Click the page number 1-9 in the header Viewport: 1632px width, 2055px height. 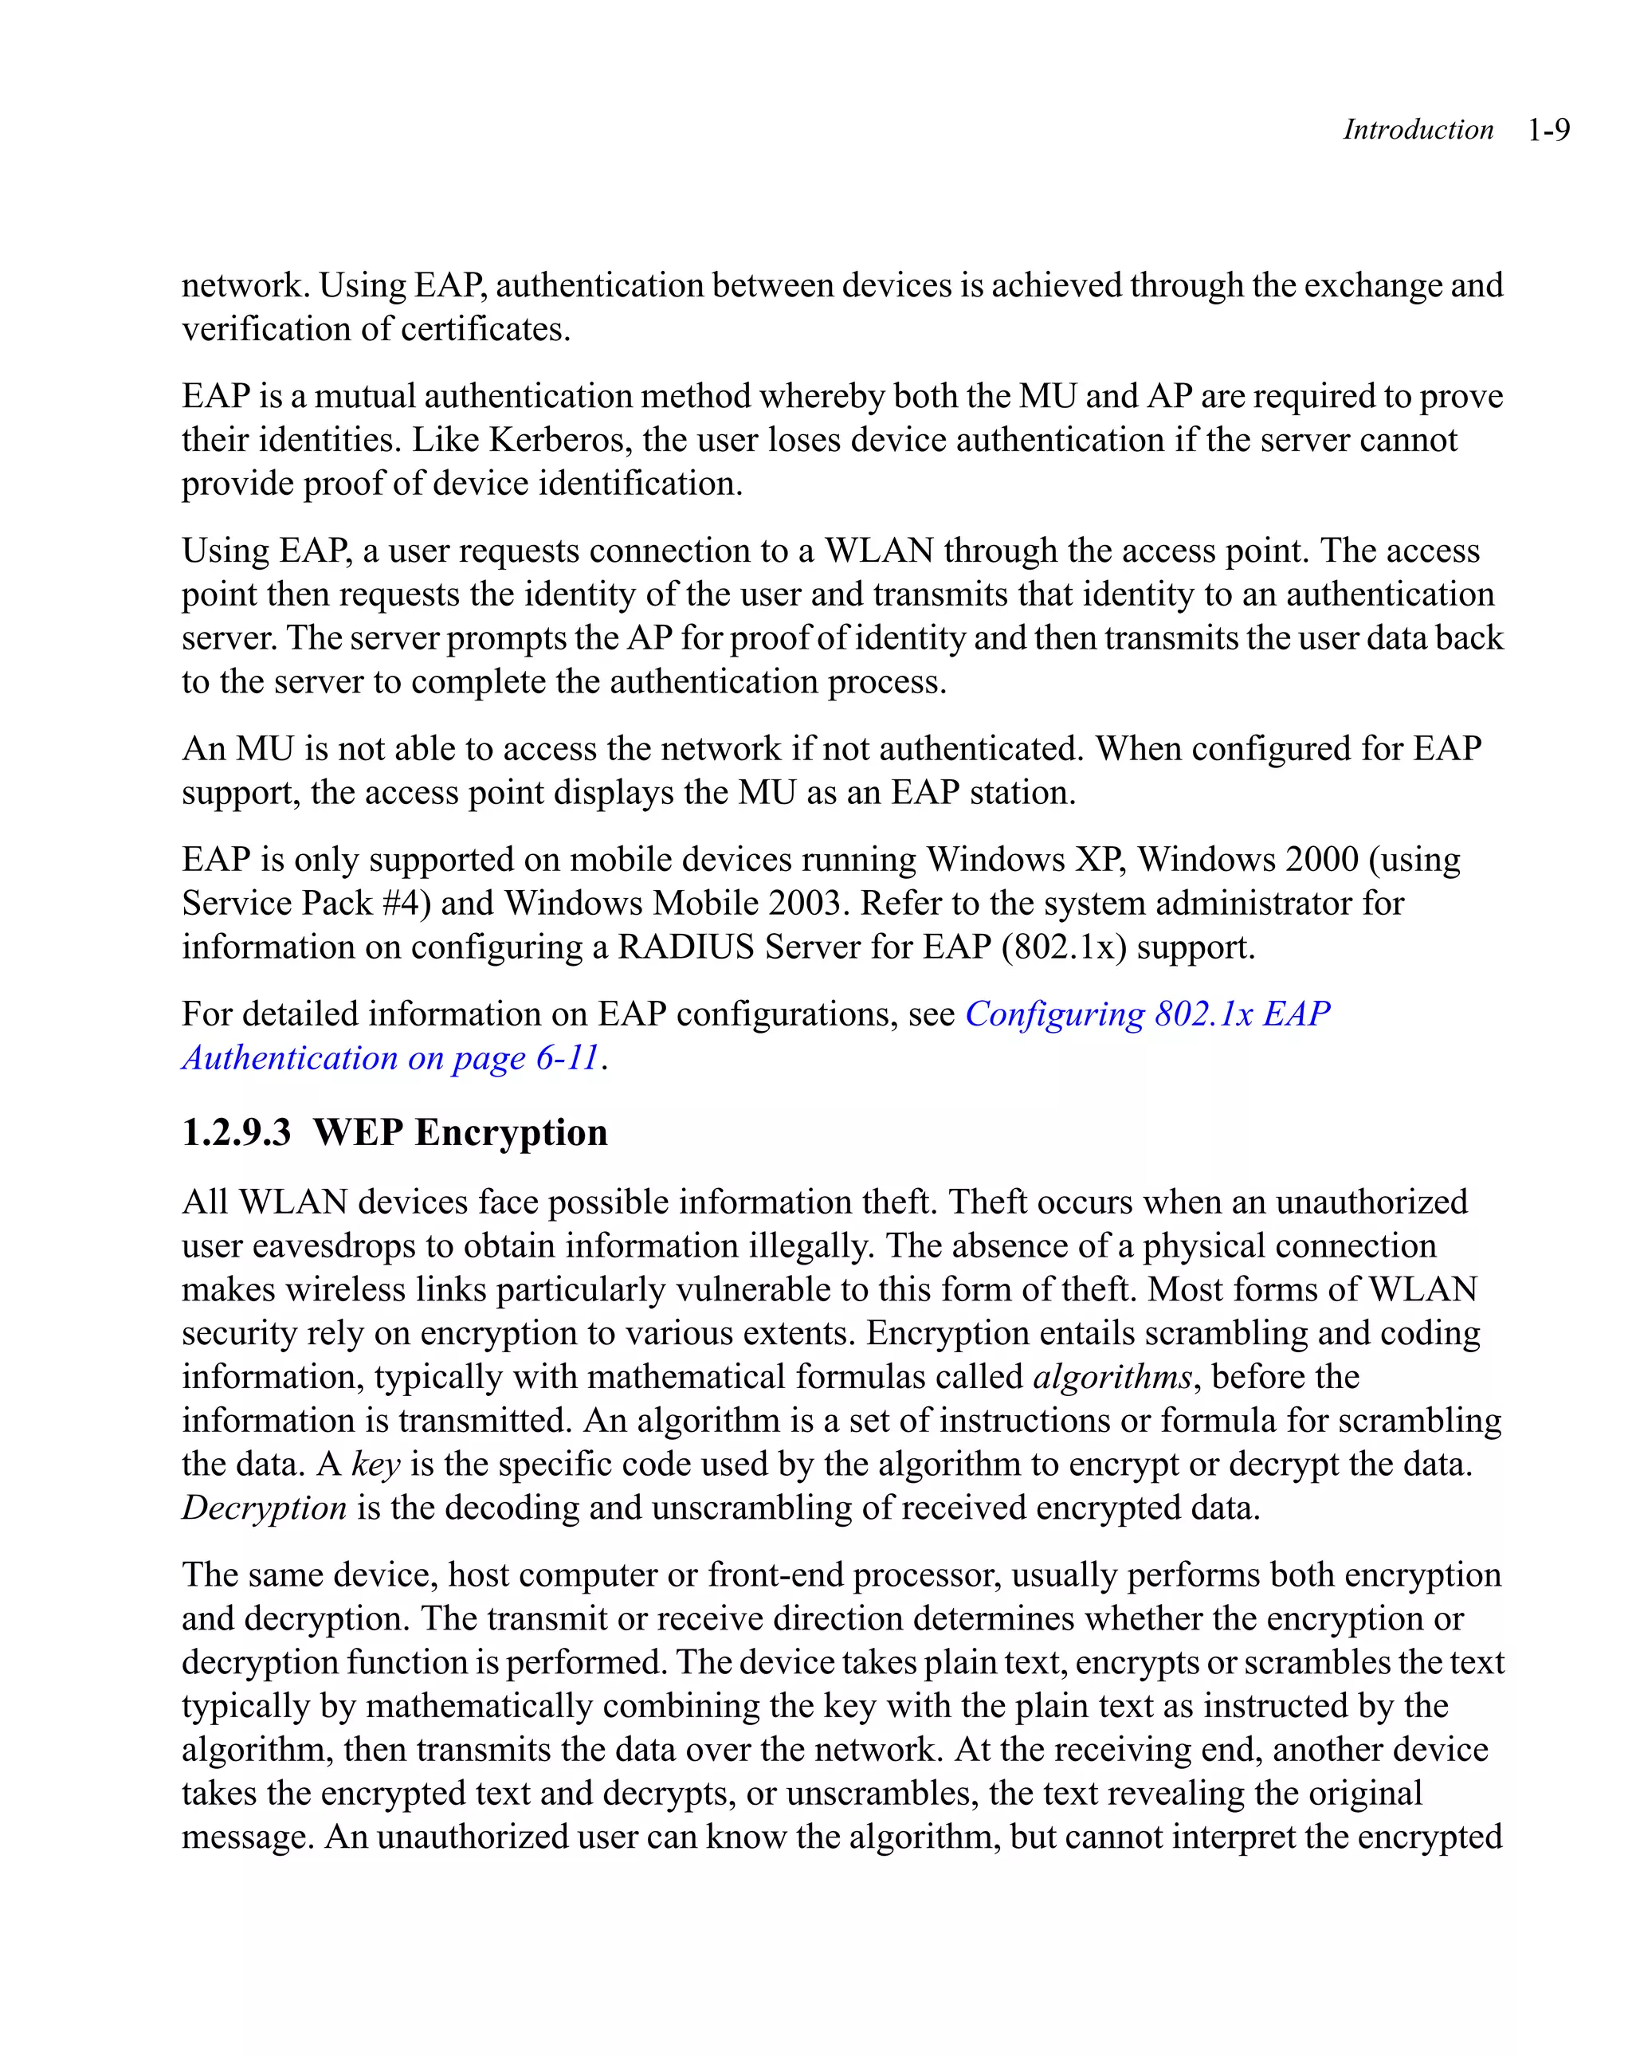pos(1548,130)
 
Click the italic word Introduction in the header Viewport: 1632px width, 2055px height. pos(1418,130)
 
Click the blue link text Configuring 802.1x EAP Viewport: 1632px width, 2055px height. pos(1147,1014)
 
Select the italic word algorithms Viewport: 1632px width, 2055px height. pos(1112,1378)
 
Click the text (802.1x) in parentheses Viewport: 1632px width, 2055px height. pos(1064,947)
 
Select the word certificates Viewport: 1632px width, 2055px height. pos(484,330)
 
